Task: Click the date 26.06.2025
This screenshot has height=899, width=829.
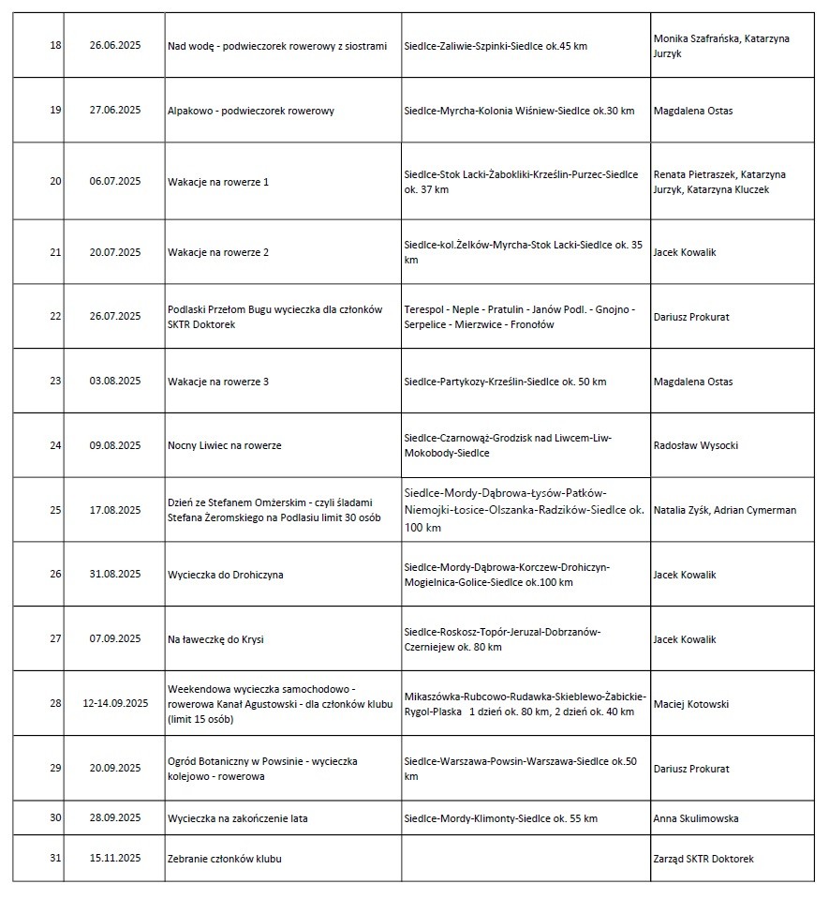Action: [115, 45]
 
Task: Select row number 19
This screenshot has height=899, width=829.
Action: [55, 111]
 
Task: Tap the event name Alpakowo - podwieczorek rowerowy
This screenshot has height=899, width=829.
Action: [250, 111]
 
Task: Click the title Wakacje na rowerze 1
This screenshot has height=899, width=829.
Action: [218, 182]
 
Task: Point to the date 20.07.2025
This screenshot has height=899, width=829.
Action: [115, 252]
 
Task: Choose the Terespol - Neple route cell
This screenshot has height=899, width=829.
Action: [519, 317]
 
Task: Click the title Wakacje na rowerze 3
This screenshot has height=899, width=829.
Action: [218, 382]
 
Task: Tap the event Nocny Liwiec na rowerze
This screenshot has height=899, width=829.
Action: [224, 445]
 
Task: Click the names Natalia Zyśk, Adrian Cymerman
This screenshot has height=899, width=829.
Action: [724, 510]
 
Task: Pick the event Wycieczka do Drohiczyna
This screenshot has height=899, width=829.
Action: [225, 575]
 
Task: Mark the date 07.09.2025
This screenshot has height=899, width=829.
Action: [115, 639]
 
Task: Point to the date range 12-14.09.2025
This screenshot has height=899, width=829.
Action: [115, 704]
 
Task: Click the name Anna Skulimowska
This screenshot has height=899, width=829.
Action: [695, 818]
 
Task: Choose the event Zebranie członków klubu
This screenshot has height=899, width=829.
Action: [225, 859]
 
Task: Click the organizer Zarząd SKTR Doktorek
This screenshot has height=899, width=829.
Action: [703, 859]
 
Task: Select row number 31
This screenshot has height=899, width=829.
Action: [55, 859]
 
